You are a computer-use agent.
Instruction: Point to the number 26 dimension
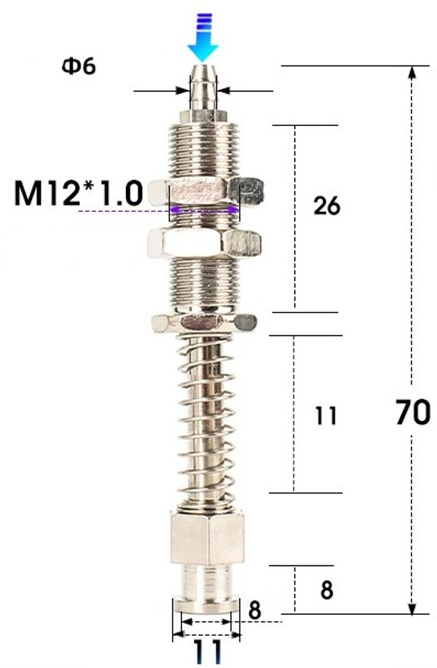pyautogui.click(x=326, y=206)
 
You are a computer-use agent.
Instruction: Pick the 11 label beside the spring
pyautogui.click(x=326, y=416)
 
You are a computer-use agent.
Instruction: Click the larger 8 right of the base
pyautogui.click(x=326, y=590)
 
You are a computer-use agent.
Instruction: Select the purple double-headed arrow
pyautogui.click(x=204, y=211)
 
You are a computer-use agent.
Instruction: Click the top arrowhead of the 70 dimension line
pyautogui.click(x=414, y=74)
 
